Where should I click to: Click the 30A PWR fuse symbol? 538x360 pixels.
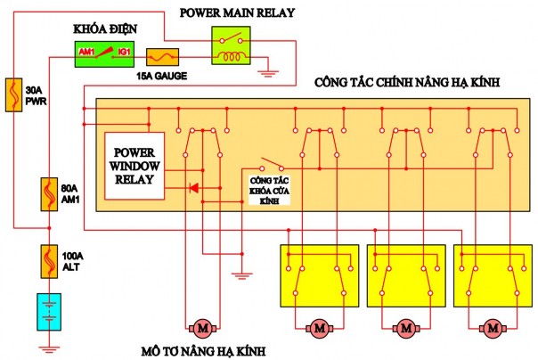tap(13, 93)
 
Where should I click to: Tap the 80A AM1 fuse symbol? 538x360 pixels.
tap(50, 193)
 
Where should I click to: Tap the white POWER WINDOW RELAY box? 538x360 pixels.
tap(134, 166)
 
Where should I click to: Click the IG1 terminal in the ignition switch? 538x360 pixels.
tap(125, 54)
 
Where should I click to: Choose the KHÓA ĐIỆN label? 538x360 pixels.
tap(104, 29)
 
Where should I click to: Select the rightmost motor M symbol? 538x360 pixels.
tap(492, 329)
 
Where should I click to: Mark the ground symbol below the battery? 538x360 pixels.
tap(50, 344)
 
